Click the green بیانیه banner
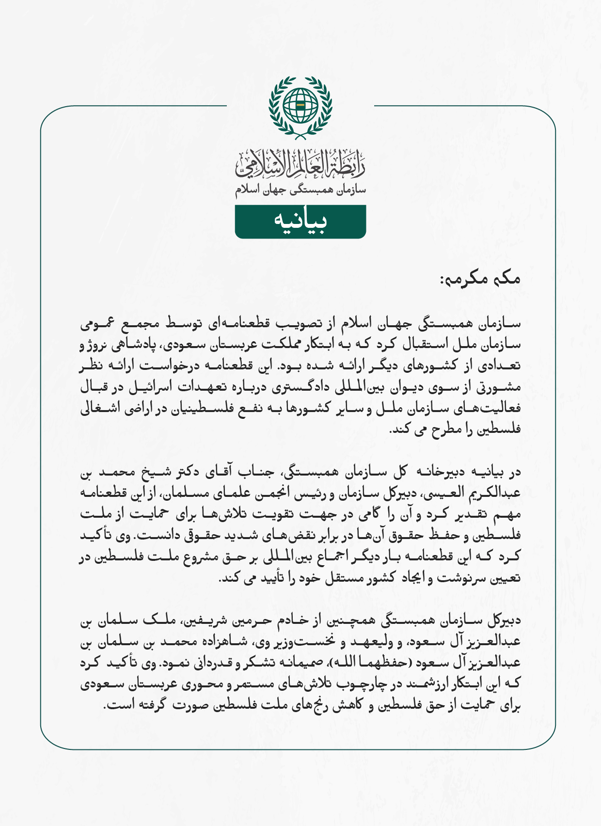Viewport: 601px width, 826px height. pos(300,222)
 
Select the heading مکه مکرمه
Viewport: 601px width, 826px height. pos(480,279)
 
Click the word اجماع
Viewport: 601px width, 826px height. pos(329,556)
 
